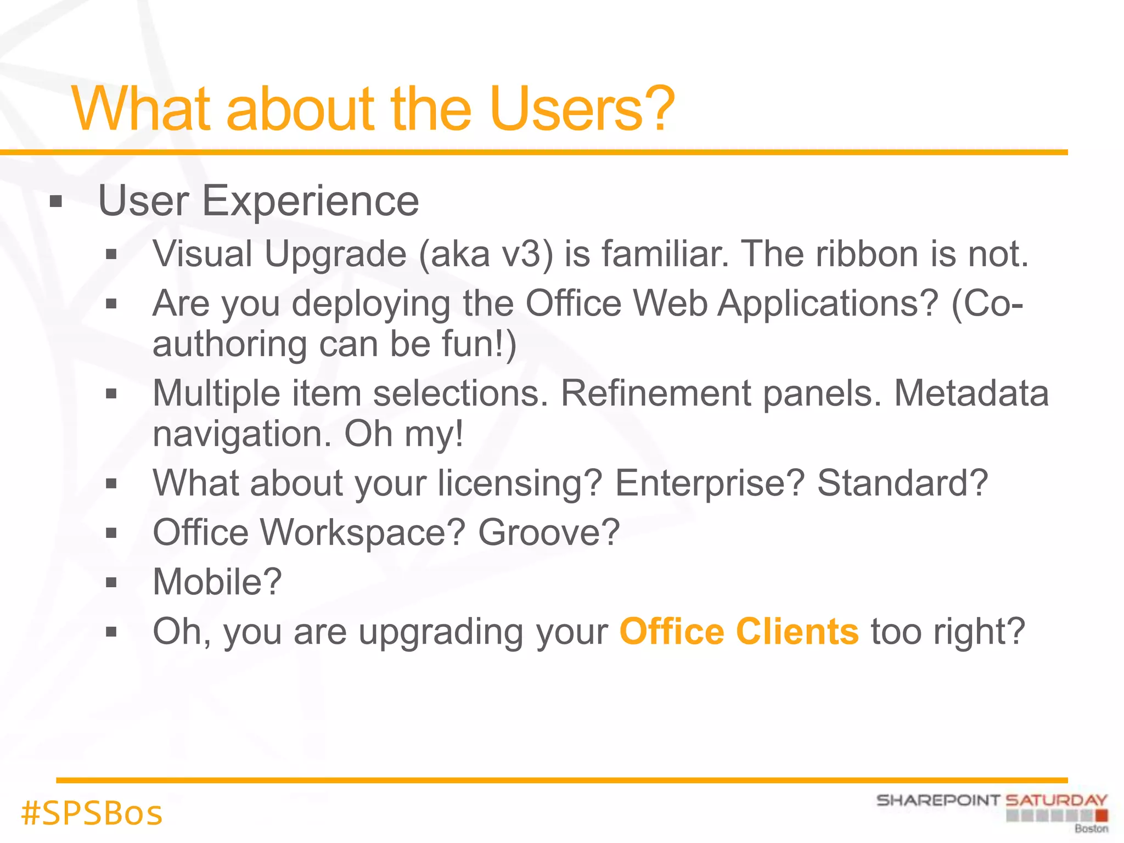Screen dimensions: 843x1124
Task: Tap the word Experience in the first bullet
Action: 311,201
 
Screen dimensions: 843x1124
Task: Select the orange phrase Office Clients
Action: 739,631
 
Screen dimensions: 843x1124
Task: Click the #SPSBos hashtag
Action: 92,813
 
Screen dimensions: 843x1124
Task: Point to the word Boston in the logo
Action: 1091,829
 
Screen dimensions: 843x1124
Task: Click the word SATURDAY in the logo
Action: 1056,800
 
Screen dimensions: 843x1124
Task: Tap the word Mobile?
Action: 217,582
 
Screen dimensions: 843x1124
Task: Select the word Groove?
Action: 549,532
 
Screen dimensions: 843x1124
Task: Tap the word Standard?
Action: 902,483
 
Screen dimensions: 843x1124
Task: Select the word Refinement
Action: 655,394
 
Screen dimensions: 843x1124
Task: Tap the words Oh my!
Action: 404,434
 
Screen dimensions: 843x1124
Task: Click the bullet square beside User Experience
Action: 55,202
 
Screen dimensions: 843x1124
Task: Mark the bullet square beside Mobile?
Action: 111,582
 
